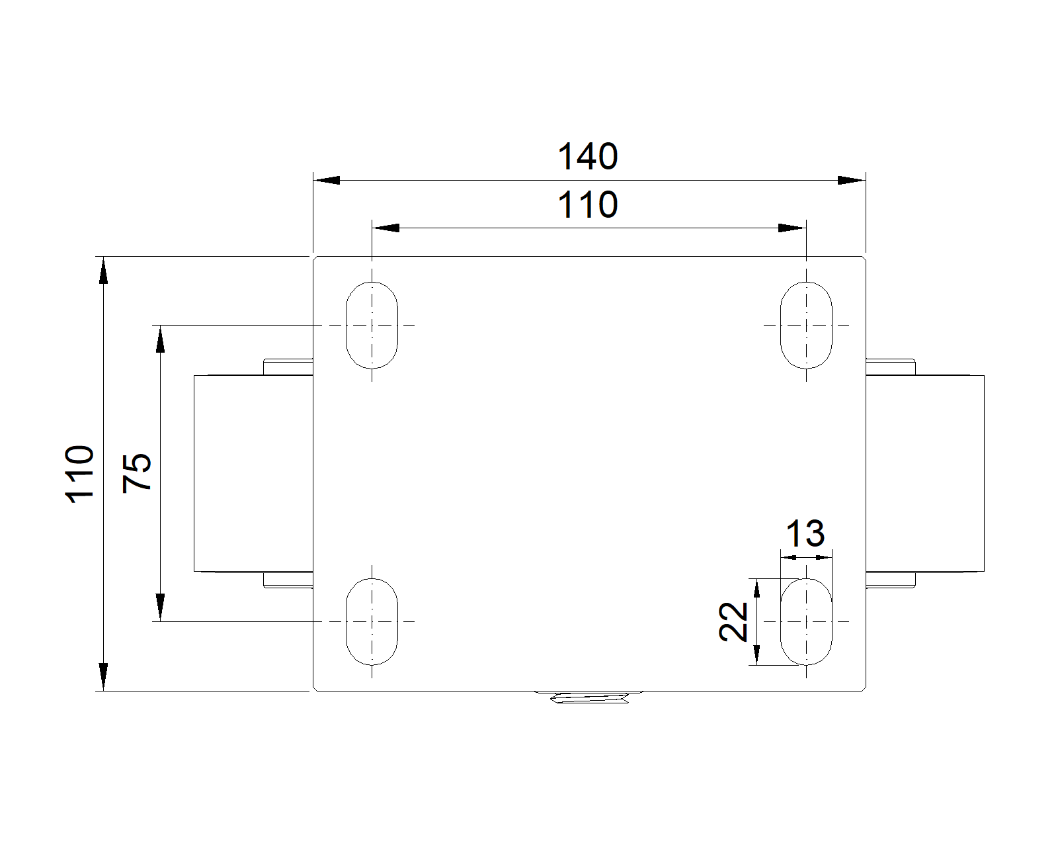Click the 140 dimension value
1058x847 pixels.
(x=587, y=157)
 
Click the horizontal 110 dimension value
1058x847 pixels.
(x=587, y=204)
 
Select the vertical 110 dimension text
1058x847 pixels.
(x=79, y=474)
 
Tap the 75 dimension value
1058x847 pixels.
(x=136, y=472)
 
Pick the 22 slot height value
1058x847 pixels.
(x=733, y=622)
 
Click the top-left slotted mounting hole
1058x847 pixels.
(x=372, y=325)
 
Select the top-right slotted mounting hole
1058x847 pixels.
(x=806, y=325)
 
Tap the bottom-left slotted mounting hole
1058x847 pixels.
(x=372, y=621)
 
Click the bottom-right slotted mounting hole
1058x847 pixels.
(x=806, y=621)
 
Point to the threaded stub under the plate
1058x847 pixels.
(x=589, y=696)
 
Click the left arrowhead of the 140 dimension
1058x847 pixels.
(x=327, y=180)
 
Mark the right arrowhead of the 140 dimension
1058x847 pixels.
(x=852, y=180)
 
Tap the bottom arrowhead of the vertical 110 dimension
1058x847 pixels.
(x=103, y=677)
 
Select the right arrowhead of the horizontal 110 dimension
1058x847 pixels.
(x=792, y=228)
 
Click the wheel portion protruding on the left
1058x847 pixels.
(x=254, y=473)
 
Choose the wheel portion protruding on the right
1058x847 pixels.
(x=925, y=473)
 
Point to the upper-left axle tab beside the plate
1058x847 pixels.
(x=288, y=367)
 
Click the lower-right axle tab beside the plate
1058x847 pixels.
(x=890, y=580)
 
